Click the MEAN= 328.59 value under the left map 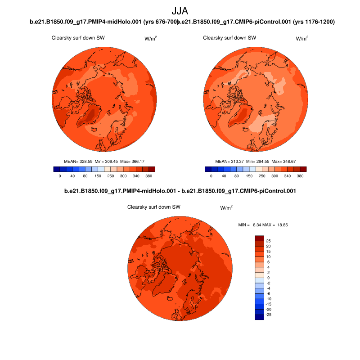80,161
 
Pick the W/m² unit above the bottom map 226,208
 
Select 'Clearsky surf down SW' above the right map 229,38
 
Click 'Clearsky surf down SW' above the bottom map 154,207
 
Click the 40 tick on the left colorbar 72,176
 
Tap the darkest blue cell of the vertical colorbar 259,317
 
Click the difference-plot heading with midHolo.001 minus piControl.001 180,191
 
